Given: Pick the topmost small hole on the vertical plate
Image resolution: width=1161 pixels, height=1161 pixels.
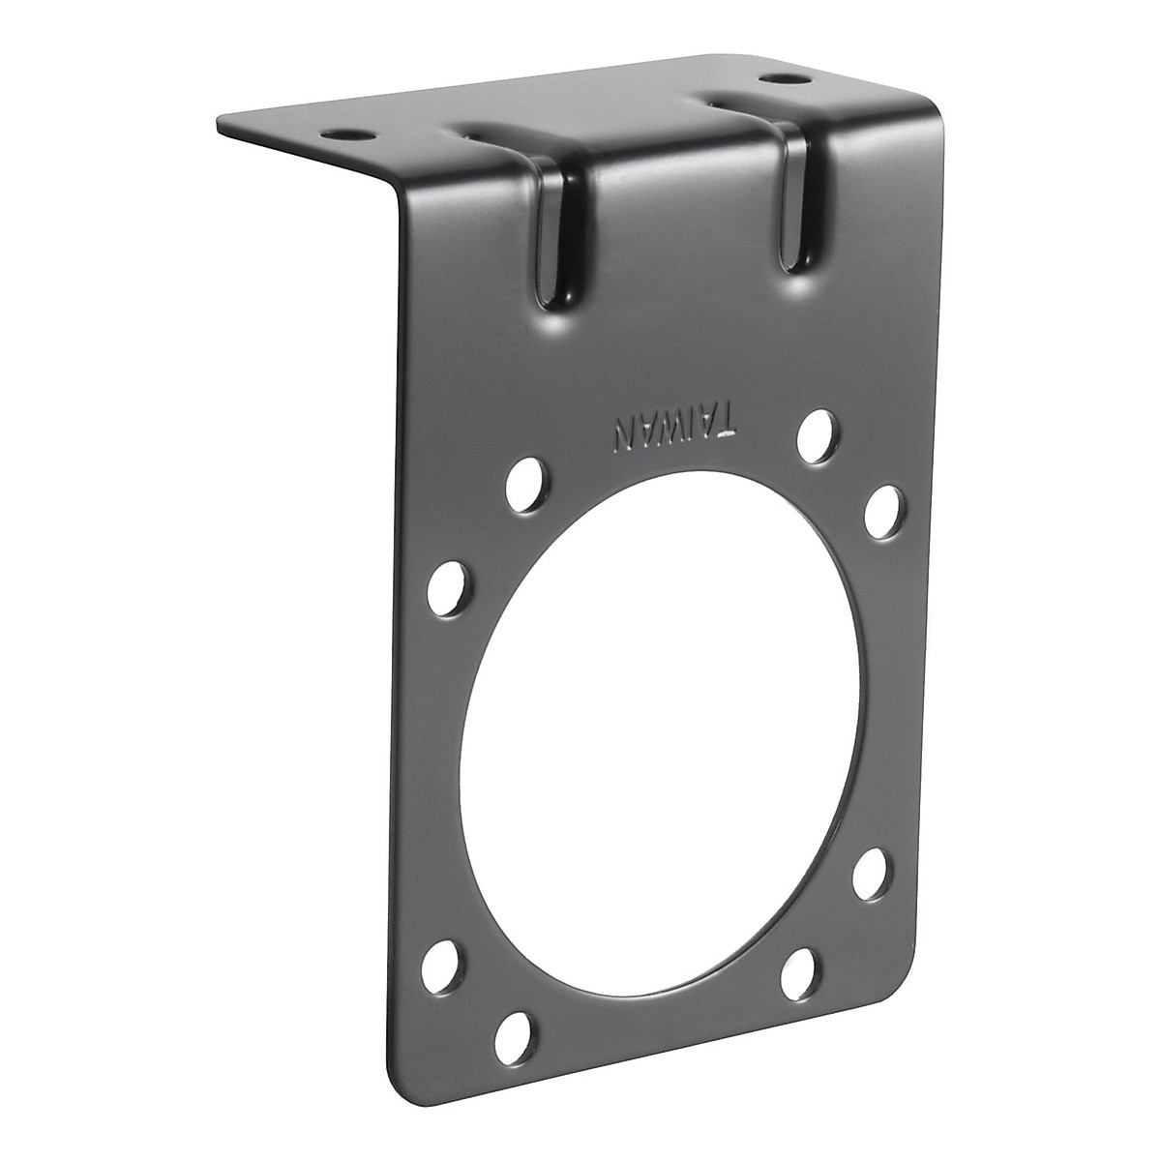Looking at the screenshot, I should click(x=817, y=427).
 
